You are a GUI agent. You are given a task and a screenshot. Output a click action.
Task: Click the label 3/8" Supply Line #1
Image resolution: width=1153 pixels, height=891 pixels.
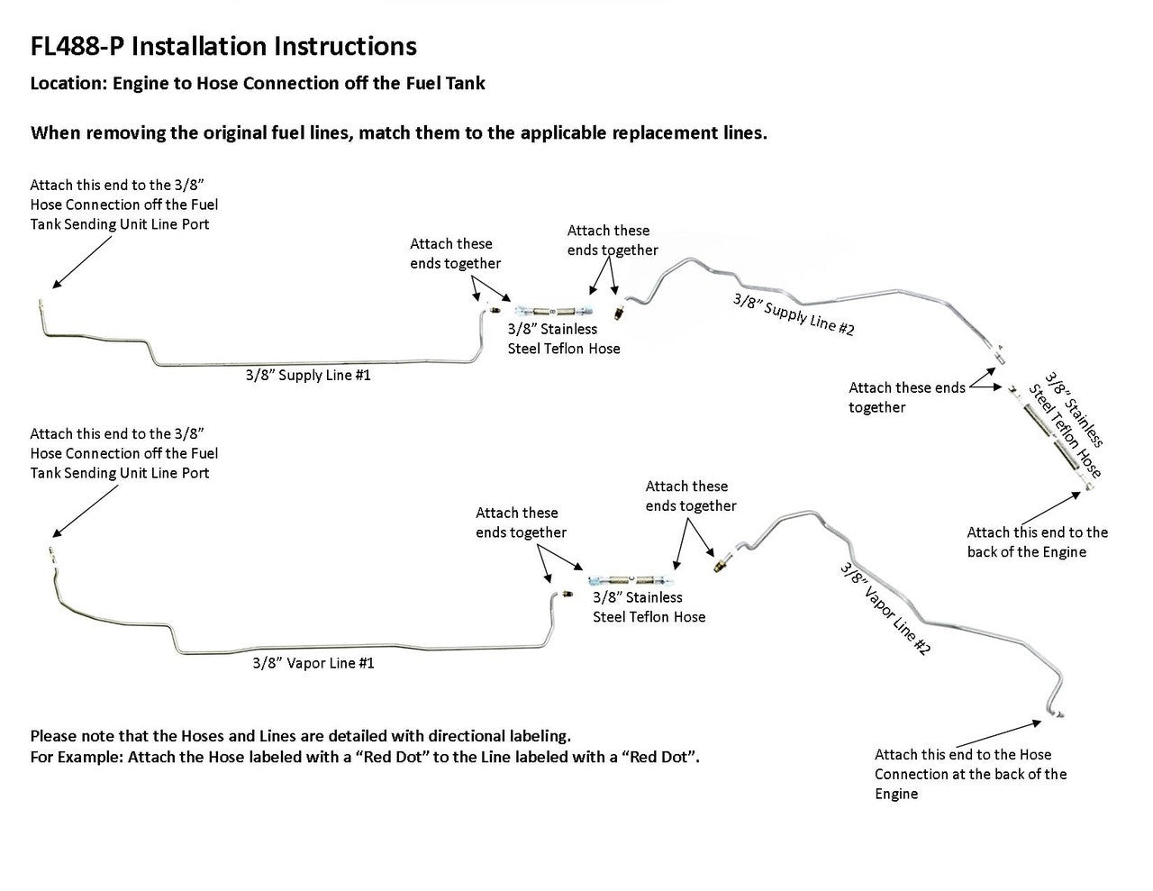[x=308, y=375]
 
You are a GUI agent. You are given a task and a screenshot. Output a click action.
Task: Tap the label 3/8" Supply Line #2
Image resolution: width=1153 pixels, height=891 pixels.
[x=794, y=313]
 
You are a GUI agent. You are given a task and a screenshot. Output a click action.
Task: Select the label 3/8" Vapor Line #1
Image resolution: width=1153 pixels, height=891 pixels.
[x=313, y=663]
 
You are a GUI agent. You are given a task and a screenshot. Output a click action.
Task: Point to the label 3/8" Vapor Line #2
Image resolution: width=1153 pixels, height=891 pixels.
[x=885, y=609]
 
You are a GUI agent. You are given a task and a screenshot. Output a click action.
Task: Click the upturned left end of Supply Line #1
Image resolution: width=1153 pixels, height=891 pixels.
[x=41, y=307]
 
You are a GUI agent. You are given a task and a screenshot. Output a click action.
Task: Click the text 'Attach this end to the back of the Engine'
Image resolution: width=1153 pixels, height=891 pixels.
[x=1037, y=542]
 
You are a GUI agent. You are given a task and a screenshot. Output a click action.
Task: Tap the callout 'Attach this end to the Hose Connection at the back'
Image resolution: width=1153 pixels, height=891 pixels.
[x=970, y=774]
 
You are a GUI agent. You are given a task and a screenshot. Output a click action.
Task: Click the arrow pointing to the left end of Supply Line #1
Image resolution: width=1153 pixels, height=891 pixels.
[x=72, y=269]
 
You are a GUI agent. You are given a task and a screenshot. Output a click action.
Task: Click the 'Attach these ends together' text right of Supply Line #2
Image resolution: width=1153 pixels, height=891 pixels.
[x=905, y=397]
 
